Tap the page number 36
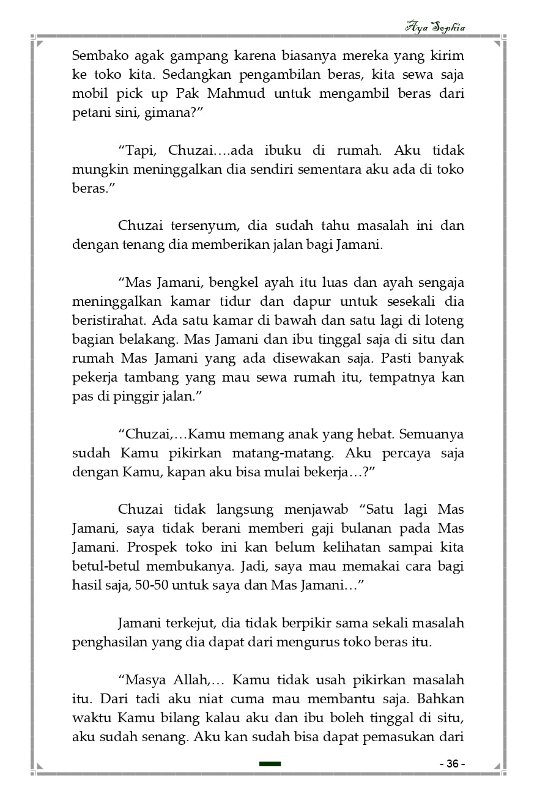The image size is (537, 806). [453, 764]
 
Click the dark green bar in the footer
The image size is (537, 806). [270, 764]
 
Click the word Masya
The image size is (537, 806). [145, 680]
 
